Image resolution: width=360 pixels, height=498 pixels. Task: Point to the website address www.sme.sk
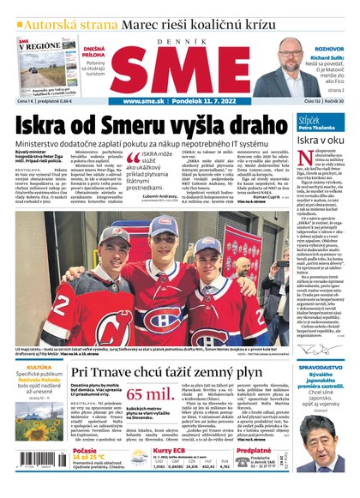[141, 101]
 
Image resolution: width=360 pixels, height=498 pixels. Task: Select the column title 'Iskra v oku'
[320, 138]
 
